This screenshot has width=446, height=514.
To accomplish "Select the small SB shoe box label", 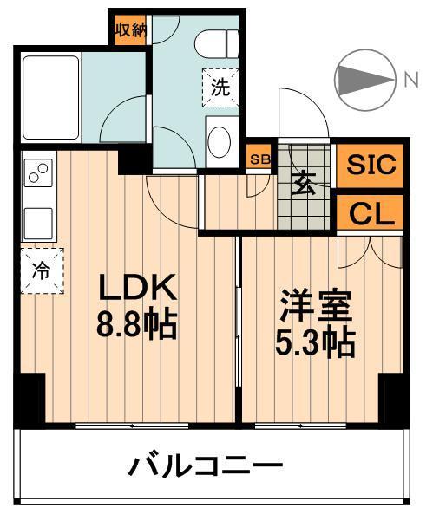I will click(x=259, y=160).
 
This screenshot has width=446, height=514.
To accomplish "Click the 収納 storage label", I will click(x=131, y=31).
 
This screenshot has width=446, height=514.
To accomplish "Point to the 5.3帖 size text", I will click(x=315, y=344).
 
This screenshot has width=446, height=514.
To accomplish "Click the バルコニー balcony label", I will click(x=207, y=469).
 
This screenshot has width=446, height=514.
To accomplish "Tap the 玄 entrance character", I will click(x=304, y=185).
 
